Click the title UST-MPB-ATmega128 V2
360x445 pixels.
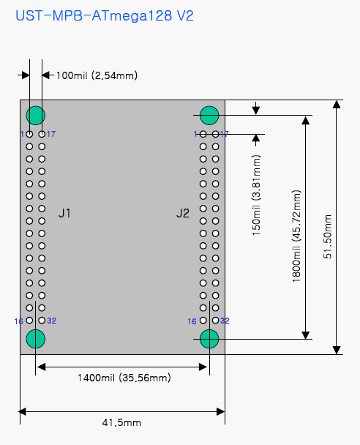coord(105,15)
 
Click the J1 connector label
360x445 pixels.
coord(64,213)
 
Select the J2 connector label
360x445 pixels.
coord(183,213)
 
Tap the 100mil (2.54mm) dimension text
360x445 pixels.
coord(97,75)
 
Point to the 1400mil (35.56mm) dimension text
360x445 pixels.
coord(124,378)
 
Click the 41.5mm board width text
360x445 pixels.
coord(121,422)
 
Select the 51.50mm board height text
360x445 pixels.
coord(327,236)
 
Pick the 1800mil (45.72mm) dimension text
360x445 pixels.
coord(296,236)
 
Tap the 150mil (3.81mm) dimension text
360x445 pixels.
coord(256,195)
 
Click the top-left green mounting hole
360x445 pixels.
coord(35,115)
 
